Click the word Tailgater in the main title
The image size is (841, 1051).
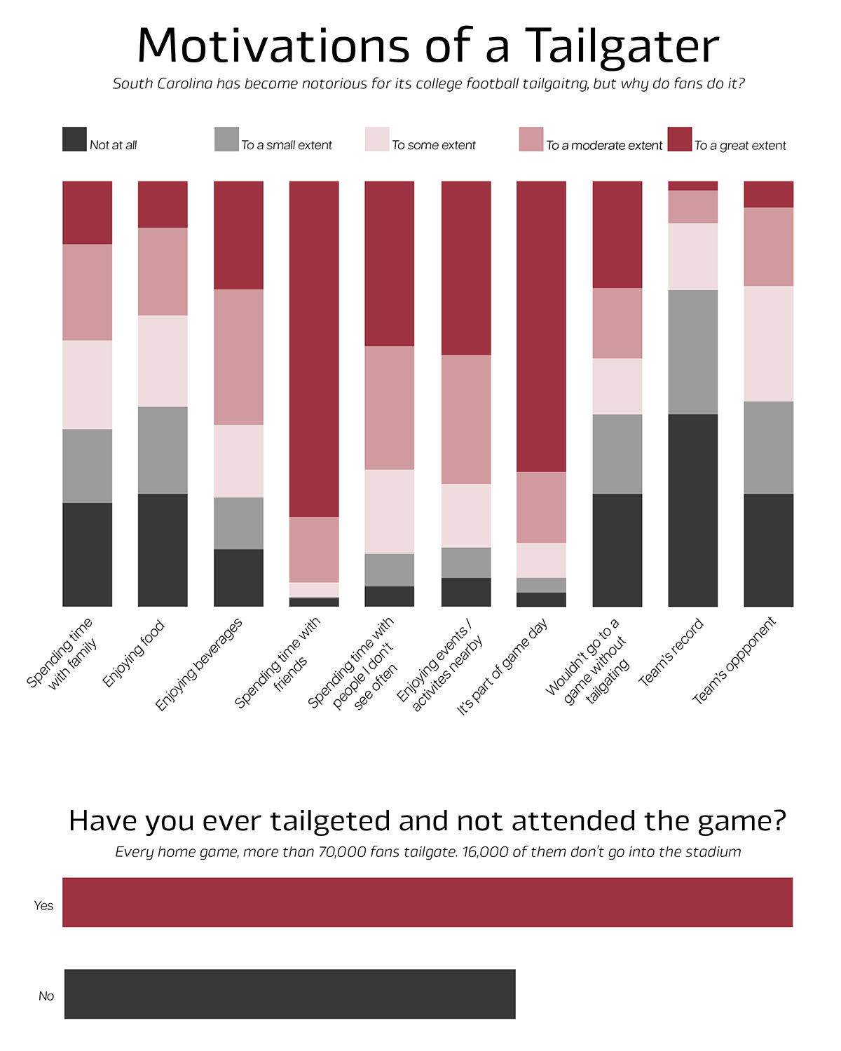622,46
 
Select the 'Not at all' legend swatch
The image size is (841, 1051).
74,139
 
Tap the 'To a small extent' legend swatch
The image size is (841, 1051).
226,139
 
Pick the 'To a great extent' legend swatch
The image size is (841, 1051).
679,139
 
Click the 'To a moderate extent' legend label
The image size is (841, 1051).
604,146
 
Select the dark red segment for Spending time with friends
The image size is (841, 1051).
314,349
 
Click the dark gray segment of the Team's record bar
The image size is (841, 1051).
692,510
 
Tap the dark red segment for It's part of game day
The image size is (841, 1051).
541,327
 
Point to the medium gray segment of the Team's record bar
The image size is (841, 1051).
692,352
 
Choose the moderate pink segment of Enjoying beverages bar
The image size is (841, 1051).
238,357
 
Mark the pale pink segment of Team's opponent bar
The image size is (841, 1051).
768,343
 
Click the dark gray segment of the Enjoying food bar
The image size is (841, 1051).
163,550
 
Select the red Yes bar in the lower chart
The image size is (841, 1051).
428,902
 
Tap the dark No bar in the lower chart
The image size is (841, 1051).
289,994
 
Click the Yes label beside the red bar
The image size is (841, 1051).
43,906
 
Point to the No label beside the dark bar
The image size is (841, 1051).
46,996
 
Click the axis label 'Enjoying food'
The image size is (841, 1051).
134,653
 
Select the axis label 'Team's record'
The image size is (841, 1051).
671,652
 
